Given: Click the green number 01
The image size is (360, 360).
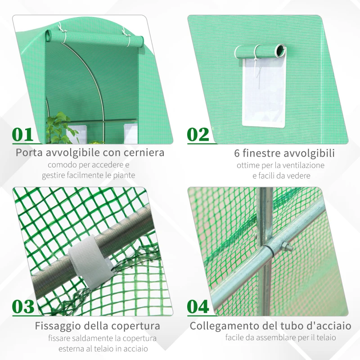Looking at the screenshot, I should pyautogui.click(x=22, y=135).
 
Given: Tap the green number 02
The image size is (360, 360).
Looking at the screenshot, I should pyautogui.click(x=198, y=135).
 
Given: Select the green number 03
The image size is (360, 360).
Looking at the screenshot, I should pyautogui.click(x=23, y=306).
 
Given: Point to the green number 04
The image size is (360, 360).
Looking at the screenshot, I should pyautogui.click(x=198, y=306).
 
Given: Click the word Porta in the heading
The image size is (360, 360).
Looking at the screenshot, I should pyautogui.click(x=31, y=153).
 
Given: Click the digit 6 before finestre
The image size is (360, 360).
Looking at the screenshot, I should pyautogui.click(x=237, y=153).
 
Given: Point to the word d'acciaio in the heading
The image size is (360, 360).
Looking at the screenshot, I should pyautogui.click(x=326, y=325).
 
